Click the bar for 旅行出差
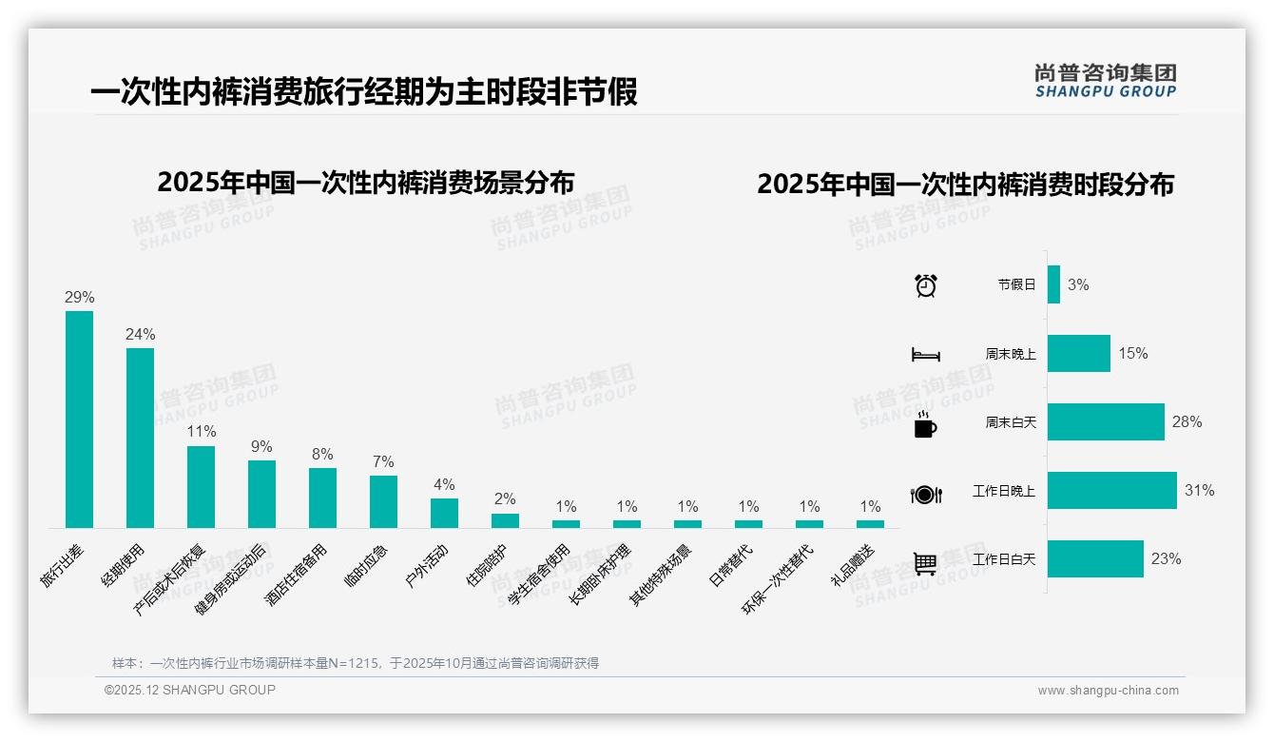[79, 419]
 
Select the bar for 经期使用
[140, 438]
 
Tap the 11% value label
[201, 432]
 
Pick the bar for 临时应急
[383, 501]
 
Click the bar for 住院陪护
[505, 520]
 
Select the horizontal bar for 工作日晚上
[1111, 491]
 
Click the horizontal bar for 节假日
[1053, 284]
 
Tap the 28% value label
[1187, 422]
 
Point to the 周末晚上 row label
[1011, 354]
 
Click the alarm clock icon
[925, 284]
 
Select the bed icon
[925, 355]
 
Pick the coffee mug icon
[925, 425]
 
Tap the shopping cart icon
[925, 563]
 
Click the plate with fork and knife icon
[925, 495]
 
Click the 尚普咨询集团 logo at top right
[1105, 80]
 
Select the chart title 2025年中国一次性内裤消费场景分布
[366, 182]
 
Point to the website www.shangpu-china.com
[1108, 691]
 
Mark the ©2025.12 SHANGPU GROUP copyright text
[190, 690]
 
